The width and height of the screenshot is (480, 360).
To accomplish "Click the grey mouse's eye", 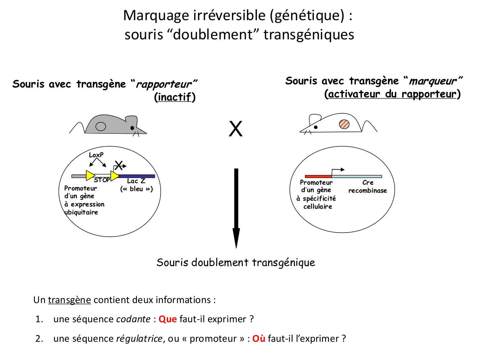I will point(132,128).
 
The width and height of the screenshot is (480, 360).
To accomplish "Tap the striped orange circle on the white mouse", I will point(344,124).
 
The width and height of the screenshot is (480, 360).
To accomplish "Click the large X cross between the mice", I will point(236,129).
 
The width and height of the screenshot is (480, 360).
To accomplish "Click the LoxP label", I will point(96,155).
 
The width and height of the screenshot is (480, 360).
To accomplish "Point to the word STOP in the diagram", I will point(102,180).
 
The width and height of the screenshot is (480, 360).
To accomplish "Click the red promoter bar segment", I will point(318,176).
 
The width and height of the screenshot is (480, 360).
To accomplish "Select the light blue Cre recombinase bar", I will point(357,176).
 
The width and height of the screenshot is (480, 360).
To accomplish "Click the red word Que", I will point(168,319).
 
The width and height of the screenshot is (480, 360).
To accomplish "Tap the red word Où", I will point(259,339).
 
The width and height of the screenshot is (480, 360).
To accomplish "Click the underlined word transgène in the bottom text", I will point(69,300).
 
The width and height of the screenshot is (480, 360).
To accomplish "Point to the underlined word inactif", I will point(175,97).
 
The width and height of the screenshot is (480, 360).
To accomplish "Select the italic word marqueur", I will point(433,81).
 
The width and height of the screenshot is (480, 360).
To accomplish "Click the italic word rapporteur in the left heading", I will point(164,84).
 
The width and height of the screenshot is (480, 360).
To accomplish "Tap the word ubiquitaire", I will point(81,212).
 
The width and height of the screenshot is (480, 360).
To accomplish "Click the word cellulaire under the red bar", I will point(318,206).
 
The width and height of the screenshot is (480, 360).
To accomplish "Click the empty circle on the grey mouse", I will point(101,126).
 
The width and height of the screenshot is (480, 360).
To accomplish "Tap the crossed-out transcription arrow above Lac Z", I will point(119,166).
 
